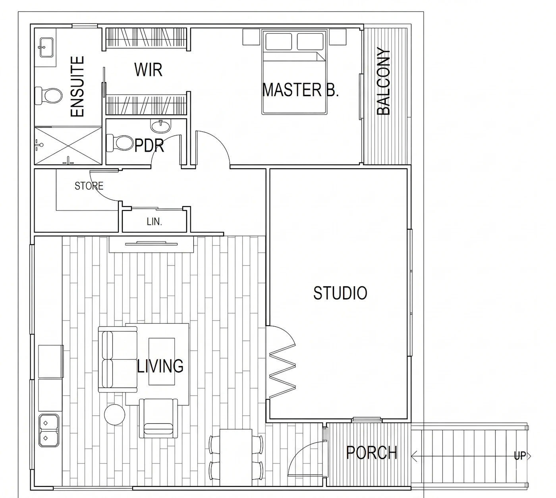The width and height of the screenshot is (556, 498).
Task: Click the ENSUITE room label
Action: (x=77, y=87)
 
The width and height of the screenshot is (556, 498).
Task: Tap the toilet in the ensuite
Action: (x=49, y=95)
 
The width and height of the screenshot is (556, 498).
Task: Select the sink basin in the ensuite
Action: (x=46, y=47)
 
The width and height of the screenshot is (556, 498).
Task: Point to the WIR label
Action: (x=148, y=69)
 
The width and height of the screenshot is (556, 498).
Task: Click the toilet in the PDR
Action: (x=120, y=143)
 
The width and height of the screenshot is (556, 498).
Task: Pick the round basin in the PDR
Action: (x=160, y=126)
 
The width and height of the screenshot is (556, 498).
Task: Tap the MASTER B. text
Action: (x=301, y=90)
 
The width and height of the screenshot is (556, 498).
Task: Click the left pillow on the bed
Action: (x=278, y=41)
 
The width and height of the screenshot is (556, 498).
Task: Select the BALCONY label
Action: (x=383, y=81)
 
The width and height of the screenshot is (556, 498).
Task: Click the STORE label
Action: (x=89, y=186)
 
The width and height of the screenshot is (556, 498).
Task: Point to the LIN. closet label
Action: (x=154, y=222)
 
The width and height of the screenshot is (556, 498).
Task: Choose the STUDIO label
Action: (x=340, y=293)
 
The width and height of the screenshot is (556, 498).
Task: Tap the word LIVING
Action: (x=160, y=366)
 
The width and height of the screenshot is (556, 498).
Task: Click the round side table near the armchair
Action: (x=114, y=415)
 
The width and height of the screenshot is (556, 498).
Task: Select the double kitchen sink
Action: (x=49, y=430)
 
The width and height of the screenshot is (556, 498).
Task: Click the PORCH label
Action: (x=372, y=453)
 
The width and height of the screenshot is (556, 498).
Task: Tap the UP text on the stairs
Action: (x=520, y=456)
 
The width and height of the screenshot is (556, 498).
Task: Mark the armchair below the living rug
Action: (x=158, y=418)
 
